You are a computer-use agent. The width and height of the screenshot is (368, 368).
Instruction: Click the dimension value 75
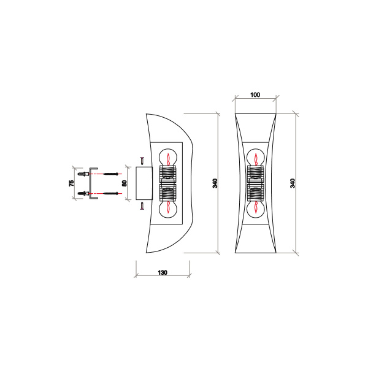pyautogui.click(x=72, y=183)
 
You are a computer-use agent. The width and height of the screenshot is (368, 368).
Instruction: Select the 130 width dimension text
pyautogui.click(x=163, y=272)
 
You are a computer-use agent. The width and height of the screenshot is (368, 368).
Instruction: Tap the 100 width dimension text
pyautogui.click(x=256, y=95)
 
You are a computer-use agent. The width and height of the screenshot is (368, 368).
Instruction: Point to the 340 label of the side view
pyautogui.click(x=215, y=183)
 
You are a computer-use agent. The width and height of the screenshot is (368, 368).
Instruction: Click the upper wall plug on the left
pyautogui.click(x=81, y=174)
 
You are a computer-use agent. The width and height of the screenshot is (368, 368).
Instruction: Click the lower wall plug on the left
pyautogui.click(x=81, y=193)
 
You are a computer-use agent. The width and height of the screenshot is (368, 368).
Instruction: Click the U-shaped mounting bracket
pyautogui.click(x=92, y=183)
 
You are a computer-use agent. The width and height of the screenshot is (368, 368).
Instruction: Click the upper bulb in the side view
pyautogui.click(x=167, y=157)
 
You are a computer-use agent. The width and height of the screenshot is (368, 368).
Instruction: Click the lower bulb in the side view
pyautogui.click(x=167, y=209)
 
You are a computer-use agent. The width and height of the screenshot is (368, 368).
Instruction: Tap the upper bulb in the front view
pyautogui.click(x=256, y=157)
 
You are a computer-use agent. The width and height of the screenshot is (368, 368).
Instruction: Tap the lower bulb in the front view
pyautogui.click(x=256, y=209)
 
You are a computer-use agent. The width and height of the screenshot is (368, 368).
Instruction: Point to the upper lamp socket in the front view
pyautogui.click(x=256, y=174)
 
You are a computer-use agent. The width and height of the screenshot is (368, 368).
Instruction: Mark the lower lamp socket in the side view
pyautogui.click(x=167, y=193)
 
